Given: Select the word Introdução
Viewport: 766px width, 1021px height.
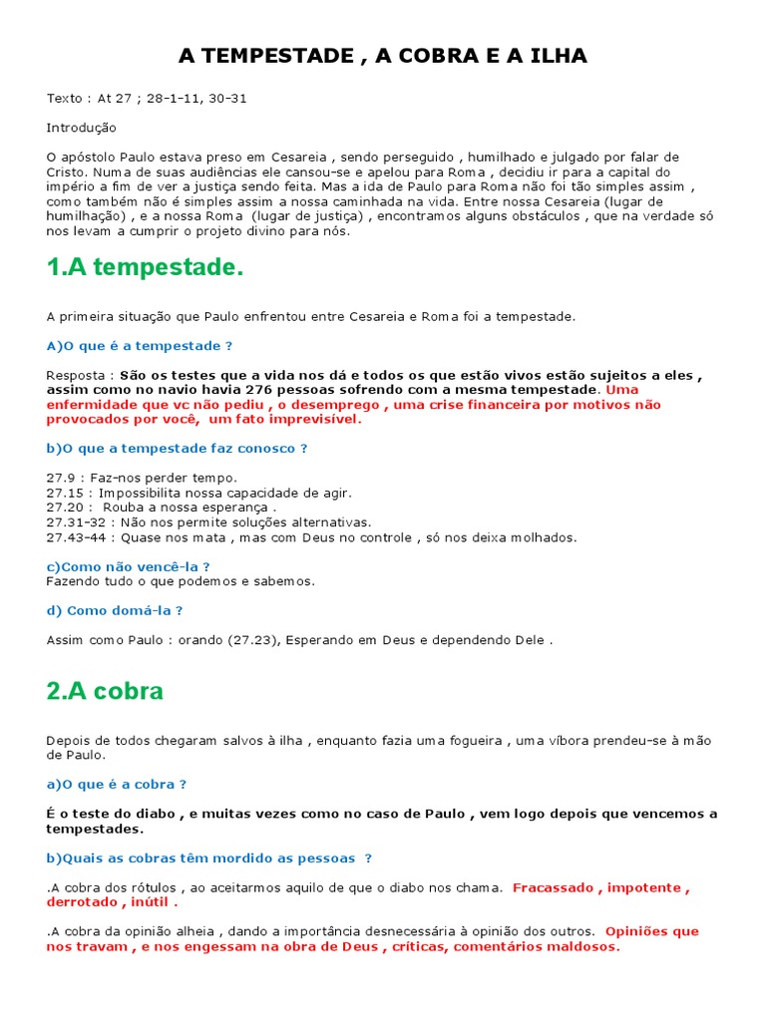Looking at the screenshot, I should click(82, 128).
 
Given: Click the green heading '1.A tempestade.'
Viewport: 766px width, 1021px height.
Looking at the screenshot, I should click(145, 268).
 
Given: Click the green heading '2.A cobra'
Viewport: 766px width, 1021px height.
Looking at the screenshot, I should click(105, 691).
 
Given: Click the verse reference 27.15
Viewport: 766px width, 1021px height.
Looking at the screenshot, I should click(65, 493).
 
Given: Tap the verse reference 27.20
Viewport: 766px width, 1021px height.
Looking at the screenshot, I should click(65, 508).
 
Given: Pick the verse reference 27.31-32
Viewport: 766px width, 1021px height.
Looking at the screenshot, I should click(76, 522).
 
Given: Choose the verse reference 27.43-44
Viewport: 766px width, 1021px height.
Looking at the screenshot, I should click(76, 537).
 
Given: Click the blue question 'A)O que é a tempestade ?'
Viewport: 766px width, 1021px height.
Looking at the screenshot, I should click(140, 346).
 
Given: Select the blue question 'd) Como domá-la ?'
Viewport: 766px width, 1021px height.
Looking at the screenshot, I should click(115, 610).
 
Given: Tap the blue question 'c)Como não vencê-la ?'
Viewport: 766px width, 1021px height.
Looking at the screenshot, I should click(129, 566).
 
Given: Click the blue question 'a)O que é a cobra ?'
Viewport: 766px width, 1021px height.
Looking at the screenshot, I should click(117, 785).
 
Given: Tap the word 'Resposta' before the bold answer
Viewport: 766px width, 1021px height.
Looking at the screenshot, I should click(75, 375).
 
